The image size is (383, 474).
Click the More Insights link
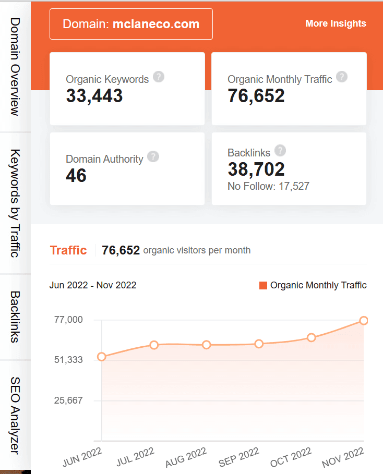coord(336,23)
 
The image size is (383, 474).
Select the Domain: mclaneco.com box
coord(131,24)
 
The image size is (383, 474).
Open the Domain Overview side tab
coord(15,66)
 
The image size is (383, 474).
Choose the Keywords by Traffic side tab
coord(15,203)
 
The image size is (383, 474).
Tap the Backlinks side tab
coord(15,317)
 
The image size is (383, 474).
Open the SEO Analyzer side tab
coord(15,415)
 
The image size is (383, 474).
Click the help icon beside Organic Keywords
coord(159,77)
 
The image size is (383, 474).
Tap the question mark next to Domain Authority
coord(153,156)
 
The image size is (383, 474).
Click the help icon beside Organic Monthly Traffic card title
coord(342,77)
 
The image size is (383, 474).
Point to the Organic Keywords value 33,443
coord(94,96)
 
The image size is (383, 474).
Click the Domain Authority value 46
coord(76,176)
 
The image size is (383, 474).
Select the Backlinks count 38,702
coord(256,169)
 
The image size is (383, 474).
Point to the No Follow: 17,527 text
coord(268,186)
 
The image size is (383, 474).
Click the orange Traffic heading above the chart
coord(68,250)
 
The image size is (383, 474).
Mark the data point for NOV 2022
coord(364,320)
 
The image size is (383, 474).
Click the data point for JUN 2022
coord(102,357)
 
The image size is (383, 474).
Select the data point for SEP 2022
coord(259,344)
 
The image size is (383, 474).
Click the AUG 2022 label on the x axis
coord(186,457)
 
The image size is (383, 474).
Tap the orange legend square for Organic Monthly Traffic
coord(263,285)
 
